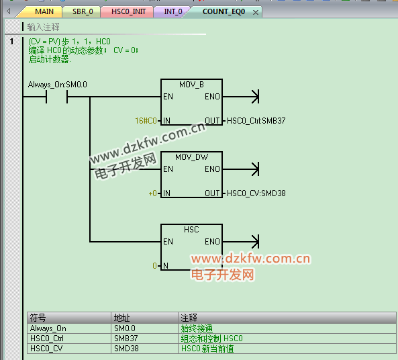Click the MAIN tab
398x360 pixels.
[44, 11]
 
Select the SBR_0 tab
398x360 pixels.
[83, 11]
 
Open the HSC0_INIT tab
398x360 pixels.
[128, 11]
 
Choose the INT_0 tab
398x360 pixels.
[173, 11]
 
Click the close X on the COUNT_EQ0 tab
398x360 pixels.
[256, 13]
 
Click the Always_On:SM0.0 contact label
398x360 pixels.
[57, 85]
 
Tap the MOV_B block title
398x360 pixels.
[191, 85]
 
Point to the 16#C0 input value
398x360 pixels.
[146, 121]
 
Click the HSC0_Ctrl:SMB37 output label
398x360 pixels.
[256, 121]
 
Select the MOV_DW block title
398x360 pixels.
[191, 157]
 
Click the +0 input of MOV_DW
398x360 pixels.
[152, 193]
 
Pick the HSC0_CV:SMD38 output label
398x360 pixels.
[256, 193]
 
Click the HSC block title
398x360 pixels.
[191, 230]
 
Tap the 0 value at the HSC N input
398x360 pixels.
[154, 266]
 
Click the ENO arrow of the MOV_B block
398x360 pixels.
[241, 97]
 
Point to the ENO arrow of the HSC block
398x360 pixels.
[241, 242]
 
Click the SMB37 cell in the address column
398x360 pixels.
[126, 339]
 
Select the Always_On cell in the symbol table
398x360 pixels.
[48, 328]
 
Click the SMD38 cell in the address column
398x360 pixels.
[126, 349]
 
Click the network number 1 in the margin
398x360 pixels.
[11, 42]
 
